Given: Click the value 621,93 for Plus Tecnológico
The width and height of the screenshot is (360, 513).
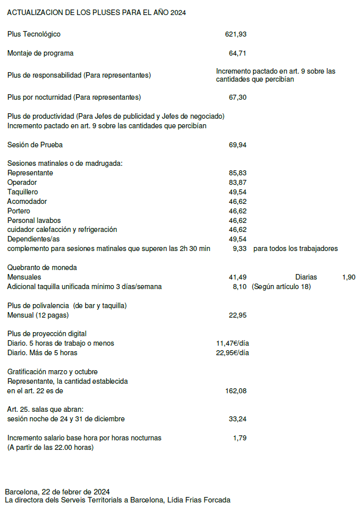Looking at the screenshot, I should click(x=236, y=34).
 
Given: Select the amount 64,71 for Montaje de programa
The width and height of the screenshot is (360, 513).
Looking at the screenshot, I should click(x=237, y=53).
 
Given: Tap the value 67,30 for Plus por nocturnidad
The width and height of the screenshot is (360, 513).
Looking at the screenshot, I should click(x=237, y=97).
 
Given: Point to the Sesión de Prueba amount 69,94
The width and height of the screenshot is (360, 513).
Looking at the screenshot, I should click(x=237, y=145).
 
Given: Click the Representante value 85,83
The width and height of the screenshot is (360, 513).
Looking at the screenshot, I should click(x=237, y=173).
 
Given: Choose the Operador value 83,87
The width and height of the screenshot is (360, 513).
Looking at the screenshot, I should click(x=237, y=182).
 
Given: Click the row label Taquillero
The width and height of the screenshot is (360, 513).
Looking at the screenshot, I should click(x=23, y=192).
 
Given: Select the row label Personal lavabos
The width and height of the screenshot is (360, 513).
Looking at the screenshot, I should click(x=34, y=220).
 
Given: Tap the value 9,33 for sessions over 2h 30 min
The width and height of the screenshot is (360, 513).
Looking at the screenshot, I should click(x=240, y=248).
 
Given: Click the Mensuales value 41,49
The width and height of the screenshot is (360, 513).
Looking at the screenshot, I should click(x=237, y=277).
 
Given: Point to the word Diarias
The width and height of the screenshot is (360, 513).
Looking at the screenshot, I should click(x=306, y=277).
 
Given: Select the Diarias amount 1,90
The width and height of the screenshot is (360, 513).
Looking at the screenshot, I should click(x=349, y=277).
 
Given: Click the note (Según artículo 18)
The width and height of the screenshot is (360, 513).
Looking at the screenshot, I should click(x=281, y=287).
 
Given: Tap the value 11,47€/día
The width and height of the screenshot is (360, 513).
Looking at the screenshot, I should click(x=233, y=343).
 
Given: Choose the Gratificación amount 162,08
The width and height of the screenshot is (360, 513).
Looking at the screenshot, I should click(x=236, y=391).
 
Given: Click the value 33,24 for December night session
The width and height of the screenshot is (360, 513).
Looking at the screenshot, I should click(x=237, y=419).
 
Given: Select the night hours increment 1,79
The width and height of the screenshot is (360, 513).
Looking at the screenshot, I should click(x=240, y=438).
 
